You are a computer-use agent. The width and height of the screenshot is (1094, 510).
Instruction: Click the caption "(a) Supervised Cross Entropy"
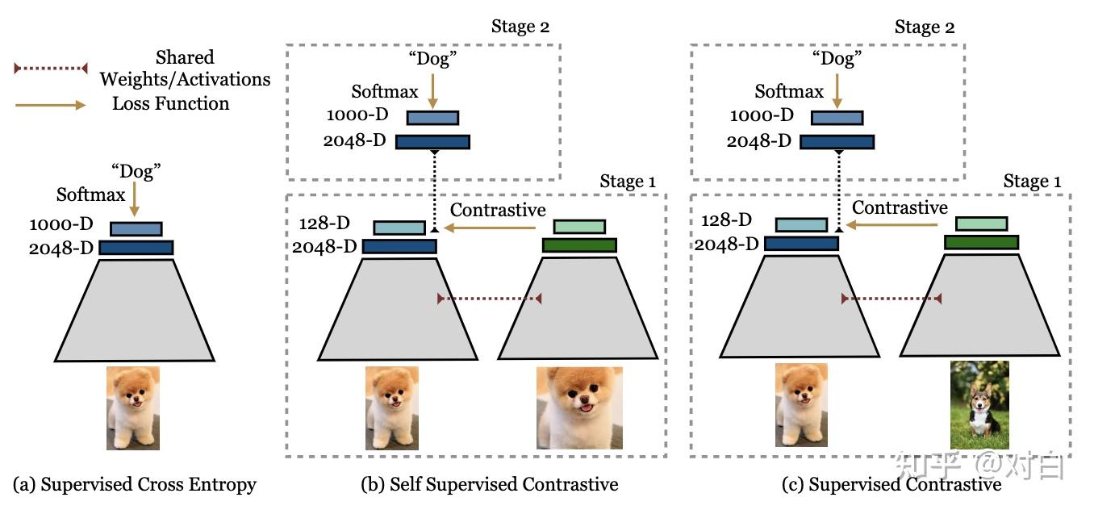[135, 484]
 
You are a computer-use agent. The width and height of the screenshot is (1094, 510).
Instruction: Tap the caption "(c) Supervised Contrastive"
[891, 484]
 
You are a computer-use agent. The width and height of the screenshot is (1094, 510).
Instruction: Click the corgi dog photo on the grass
[980, 403]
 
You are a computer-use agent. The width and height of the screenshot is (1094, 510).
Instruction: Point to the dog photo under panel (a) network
[133, 408]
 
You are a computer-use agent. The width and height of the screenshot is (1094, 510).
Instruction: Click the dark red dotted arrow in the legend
[51, 69]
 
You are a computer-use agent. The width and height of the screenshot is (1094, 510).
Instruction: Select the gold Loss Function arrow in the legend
[51, 104]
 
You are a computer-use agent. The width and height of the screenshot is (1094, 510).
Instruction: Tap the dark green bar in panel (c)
[981, 242]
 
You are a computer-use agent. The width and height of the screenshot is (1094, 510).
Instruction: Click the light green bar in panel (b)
[578, 226]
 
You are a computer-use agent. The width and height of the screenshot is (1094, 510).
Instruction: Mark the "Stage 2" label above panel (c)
[925, 27]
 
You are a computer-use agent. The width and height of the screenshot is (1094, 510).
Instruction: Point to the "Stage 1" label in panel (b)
[628, 182]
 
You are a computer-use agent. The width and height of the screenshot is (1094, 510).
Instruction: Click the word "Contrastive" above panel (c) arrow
[900, 208]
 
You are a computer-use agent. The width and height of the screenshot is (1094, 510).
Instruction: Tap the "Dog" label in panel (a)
[136, 171]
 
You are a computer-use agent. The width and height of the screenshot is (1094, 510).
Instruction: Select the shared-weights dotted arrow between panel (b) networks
[489, 299]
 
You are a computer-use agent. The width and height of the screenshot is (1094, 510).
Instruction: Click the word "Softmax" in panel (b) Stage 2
[386, 91]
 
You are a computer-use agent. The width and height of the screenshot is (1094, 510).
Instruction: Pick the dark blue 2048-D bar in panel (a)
[136, 248]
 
